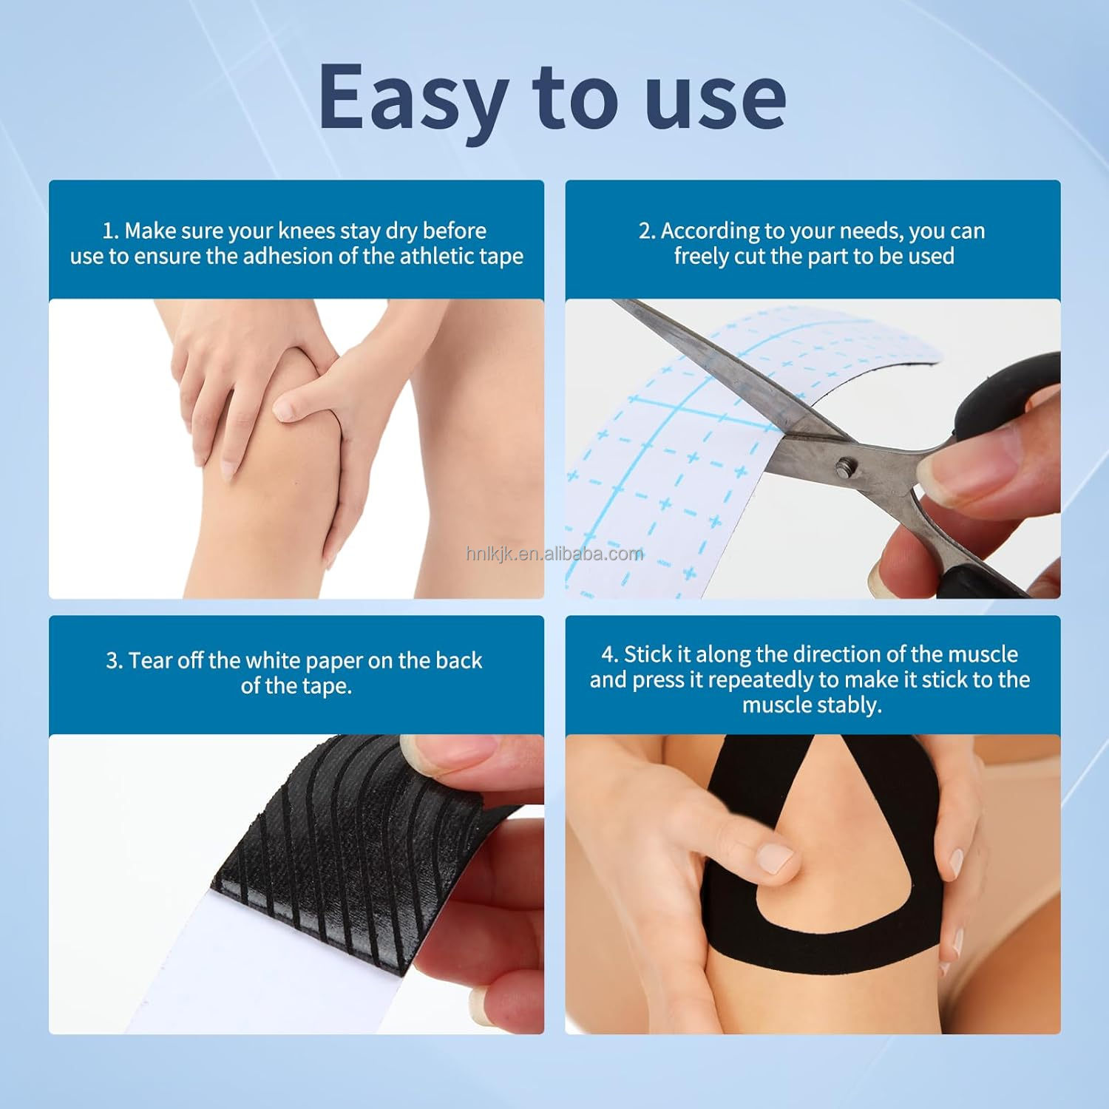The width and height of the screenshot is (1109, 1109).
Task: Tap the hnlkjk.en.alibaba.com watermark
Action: pyautogui.click(x=554, y=554)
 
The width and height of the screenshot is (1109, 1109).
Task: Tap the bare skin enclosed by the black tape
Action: pyautogui.click(x=843, y=887)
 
